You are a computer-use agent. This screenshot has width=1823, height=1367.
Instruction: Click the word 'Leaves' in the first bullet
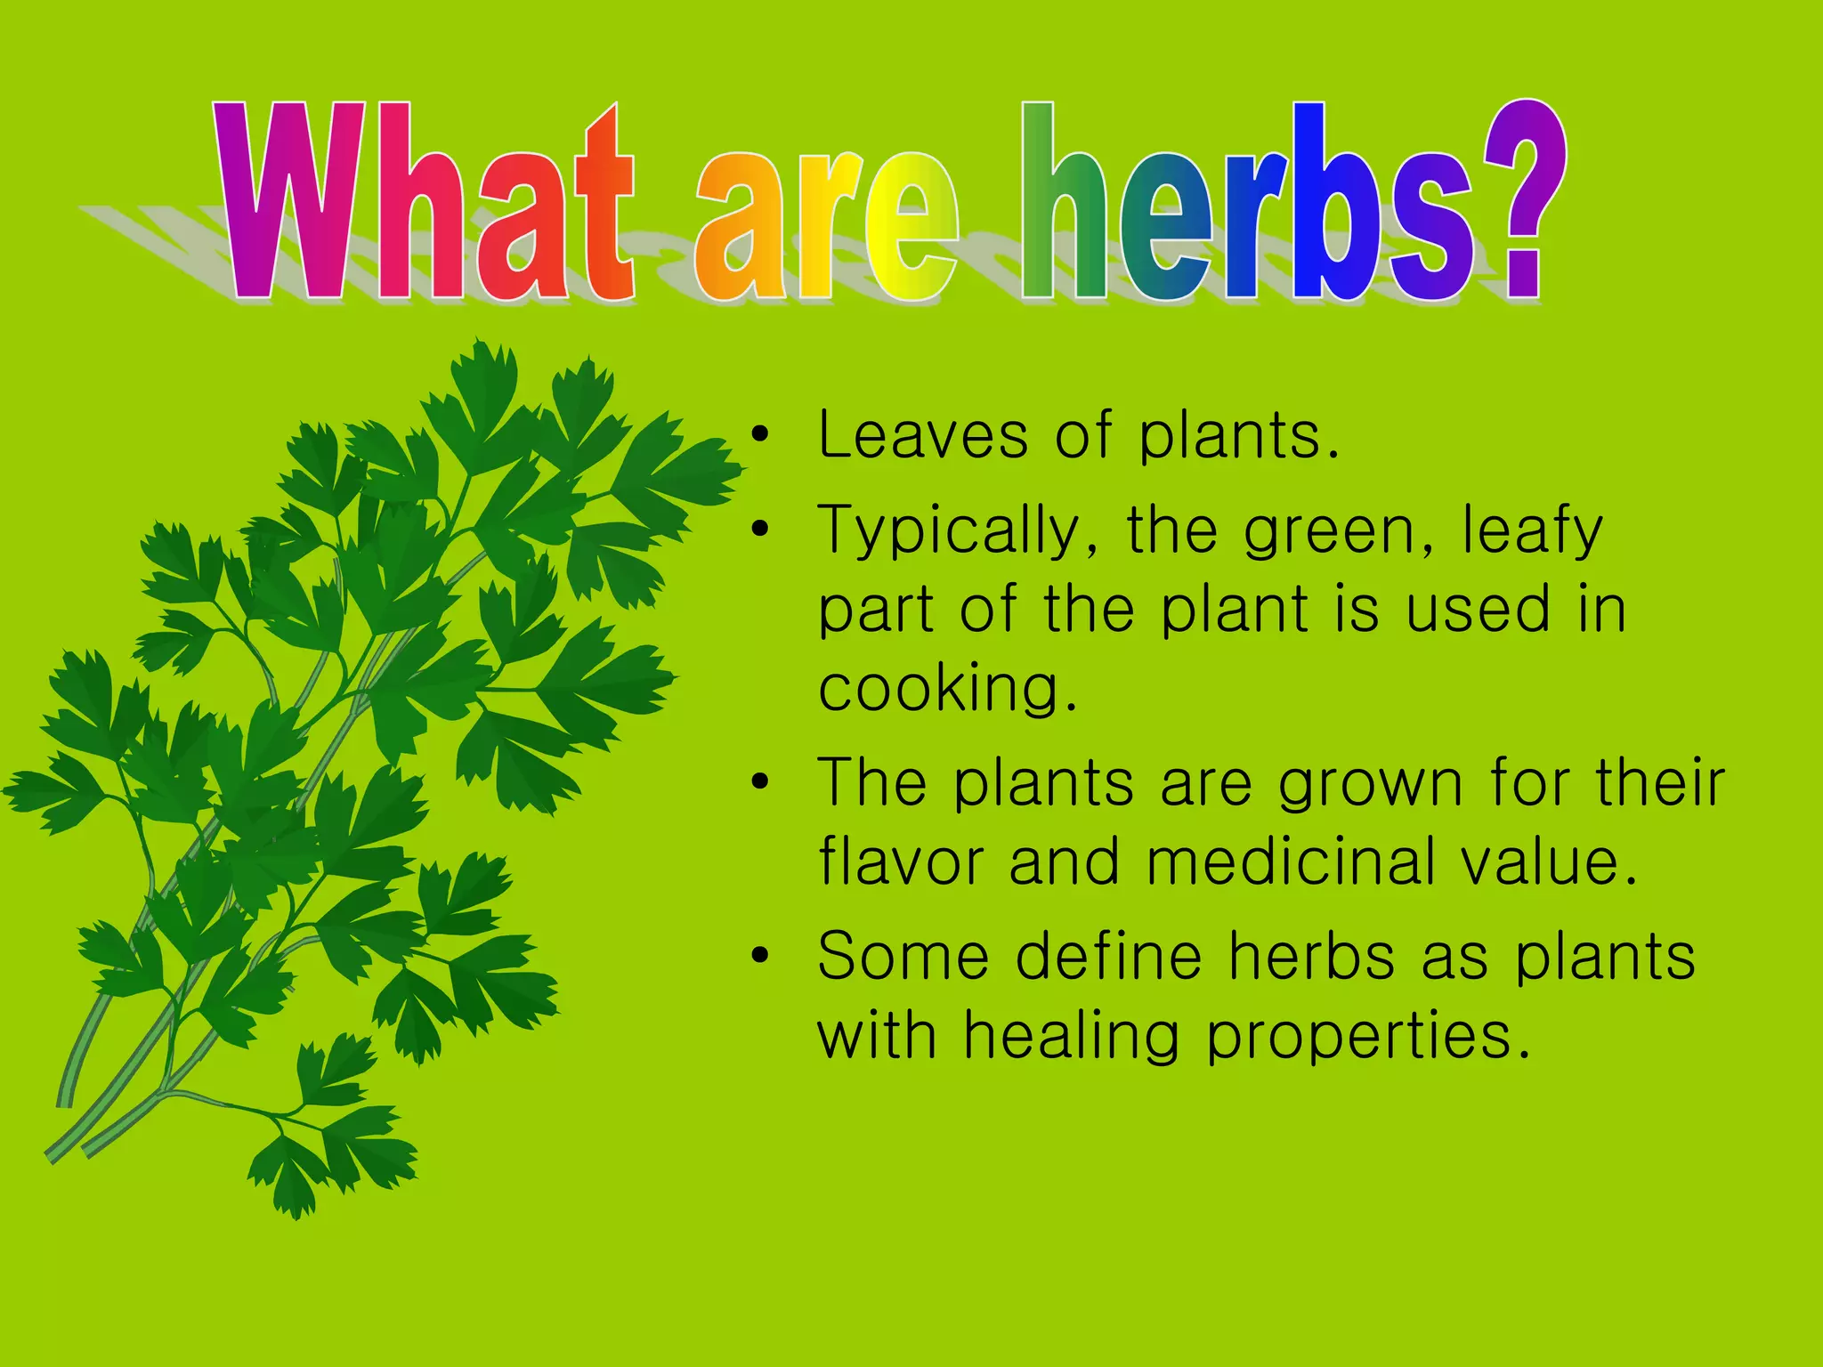tap(923, 435)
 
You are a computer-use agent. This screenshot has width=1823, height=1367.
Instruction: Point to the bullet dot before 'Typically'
tap(759, 530)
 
